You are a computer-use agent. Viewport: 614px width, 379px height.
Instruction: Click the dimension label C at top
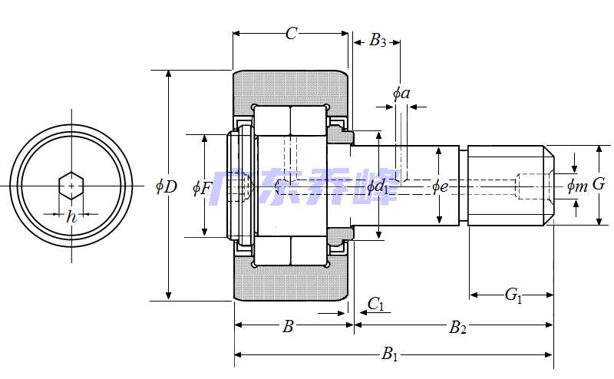pos(291,33)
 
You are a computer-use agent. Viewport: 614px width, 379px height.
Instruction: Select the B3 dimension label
pos(378,41)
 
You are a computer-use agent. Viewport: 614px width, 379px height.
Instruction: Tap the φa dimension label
pos(401,94)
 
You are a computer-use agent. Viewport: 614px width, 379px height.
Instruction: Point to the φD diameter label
pos(166,186)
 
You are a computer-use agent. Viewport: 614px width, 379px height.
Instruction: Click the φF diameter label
pos(201,186)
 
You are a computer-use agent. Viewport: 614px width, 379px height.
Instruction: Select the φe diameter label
pos(440,186)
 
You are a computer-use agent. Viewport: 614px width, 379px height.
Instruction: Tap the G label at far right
pos(599,184)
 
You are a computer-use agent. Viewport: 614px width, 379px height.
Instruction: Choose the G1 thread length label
pos(512,295)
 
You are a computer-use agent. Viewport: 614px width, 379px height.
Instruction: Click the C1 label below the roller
pos(376,305)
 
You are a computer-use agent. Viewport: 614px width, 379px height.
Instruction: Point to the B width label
pos(288,327)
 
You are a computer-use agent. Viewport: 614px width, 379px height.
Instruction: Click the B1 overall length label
pos(391,354)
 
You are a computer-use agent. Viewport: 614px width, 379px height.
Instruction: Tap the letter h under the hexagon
pos(71,217)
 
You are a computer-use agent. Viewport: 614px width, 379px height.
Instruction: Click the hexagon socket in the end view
pos(71,185)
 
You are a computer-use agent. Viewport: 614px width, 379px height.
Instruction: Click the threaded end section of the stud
pos(507,185)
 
